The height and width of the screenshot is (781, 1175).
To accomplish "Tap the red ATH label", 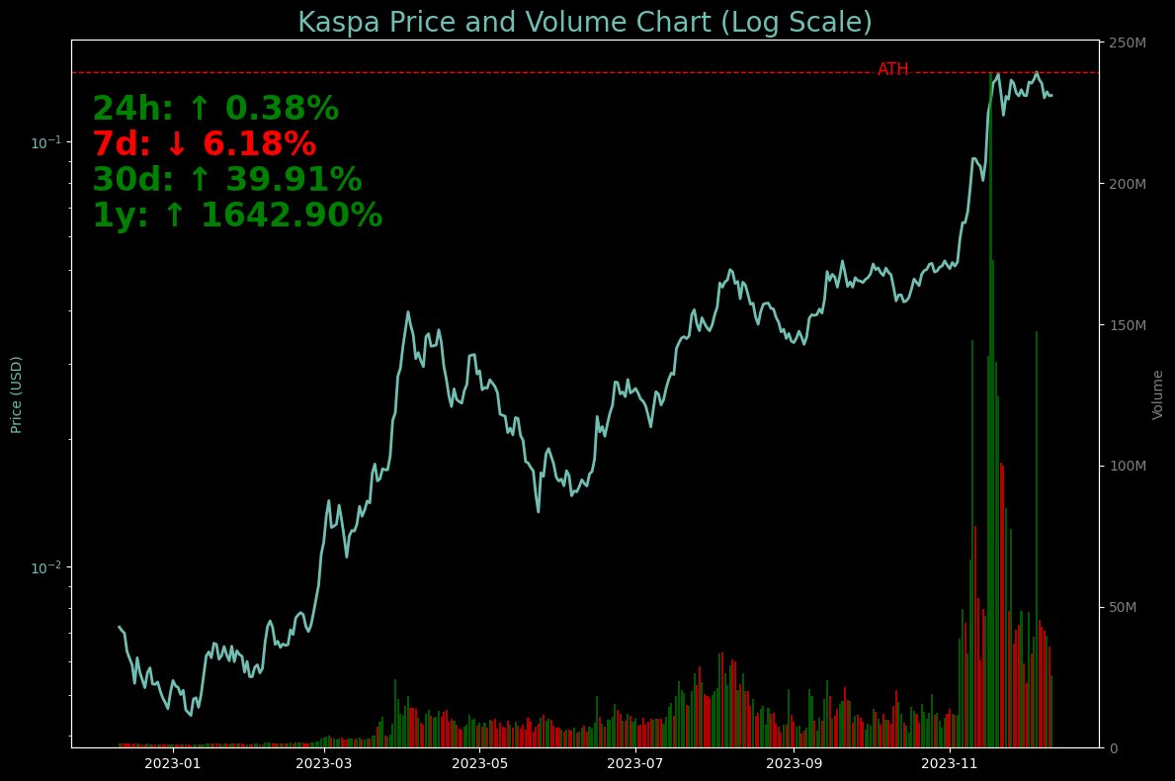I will [892, 69].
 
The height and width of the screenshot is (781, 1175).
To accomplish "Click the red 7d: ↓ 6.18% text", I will [205, 145].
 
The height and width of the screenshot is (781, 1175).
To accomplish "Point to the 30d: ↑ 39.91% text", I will [227, 181].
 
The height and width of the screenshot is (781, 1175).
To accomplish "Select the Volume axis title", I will [1157, 394].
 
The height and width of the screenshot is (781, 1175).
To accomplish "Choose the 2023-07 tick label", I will [634, 763].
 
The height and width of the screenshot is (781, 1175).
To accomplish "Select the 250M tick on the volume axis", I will [1128, 43].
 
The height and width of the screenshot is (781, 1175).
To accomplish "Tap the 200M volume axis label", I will [1128, 185].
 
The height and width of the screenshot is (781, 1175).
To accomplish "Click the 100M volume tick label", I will [1128, 466].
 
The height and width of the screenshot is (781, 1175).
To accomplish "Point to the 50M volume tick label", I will [1125, 606].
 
